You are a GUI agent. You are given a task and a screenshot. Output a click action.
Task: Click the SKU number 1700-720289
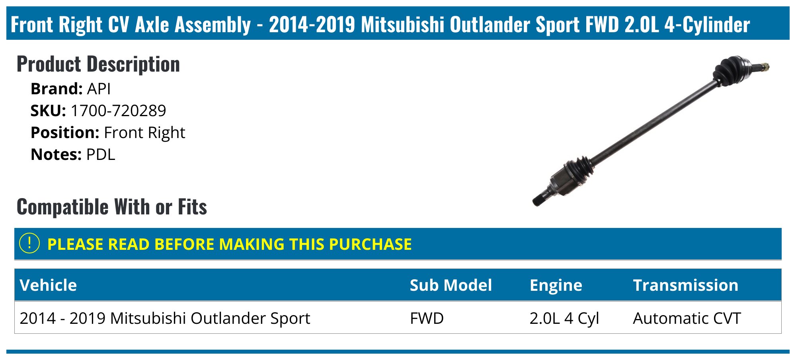click(118, 111)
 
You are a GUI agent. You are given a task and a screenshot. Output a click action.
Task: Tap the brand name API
click(99, 89)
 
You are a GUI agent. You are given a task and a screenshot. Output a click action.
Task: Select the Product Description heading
click(98, 64)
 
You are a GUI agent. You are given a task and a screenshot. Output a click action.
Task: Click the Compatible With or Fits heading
click(112, 207)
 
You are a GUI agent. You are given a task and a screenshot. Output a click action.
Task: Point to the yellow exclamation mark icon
click(29, 243)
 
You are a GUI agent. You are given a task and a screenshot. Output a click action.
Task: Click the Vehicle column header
click(48, 285)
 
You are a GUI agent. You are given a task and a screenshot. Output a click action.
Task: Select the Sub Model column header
click(451, 285)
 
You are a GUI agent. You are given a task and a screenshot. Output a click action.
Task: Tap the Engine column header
click(556, 285)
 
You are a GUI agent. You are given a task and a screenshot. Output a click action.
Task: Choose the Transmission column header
click(685, 285)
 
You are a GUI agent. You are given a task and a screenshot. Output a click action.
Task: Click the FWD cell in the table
click(427, 318)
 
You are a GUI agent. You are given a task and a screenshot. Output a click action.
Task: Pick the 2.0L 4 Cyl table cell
click(564, 318)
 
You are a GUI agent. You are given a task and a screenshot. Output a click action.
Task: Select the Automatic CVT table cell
click(687, 318)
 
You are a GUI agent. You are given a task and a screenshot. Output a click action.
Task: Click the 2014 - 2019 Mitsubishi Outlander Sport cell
click(165, 318)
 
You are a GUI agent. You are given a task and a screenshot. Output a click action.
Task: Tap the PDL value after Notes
click(101, 154)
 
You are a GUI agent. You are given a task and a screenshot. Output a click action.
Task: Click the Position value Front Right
click(144, 132)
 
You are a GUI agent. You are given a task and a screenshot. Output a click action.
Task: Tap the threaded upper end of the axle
click(762, 67)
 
